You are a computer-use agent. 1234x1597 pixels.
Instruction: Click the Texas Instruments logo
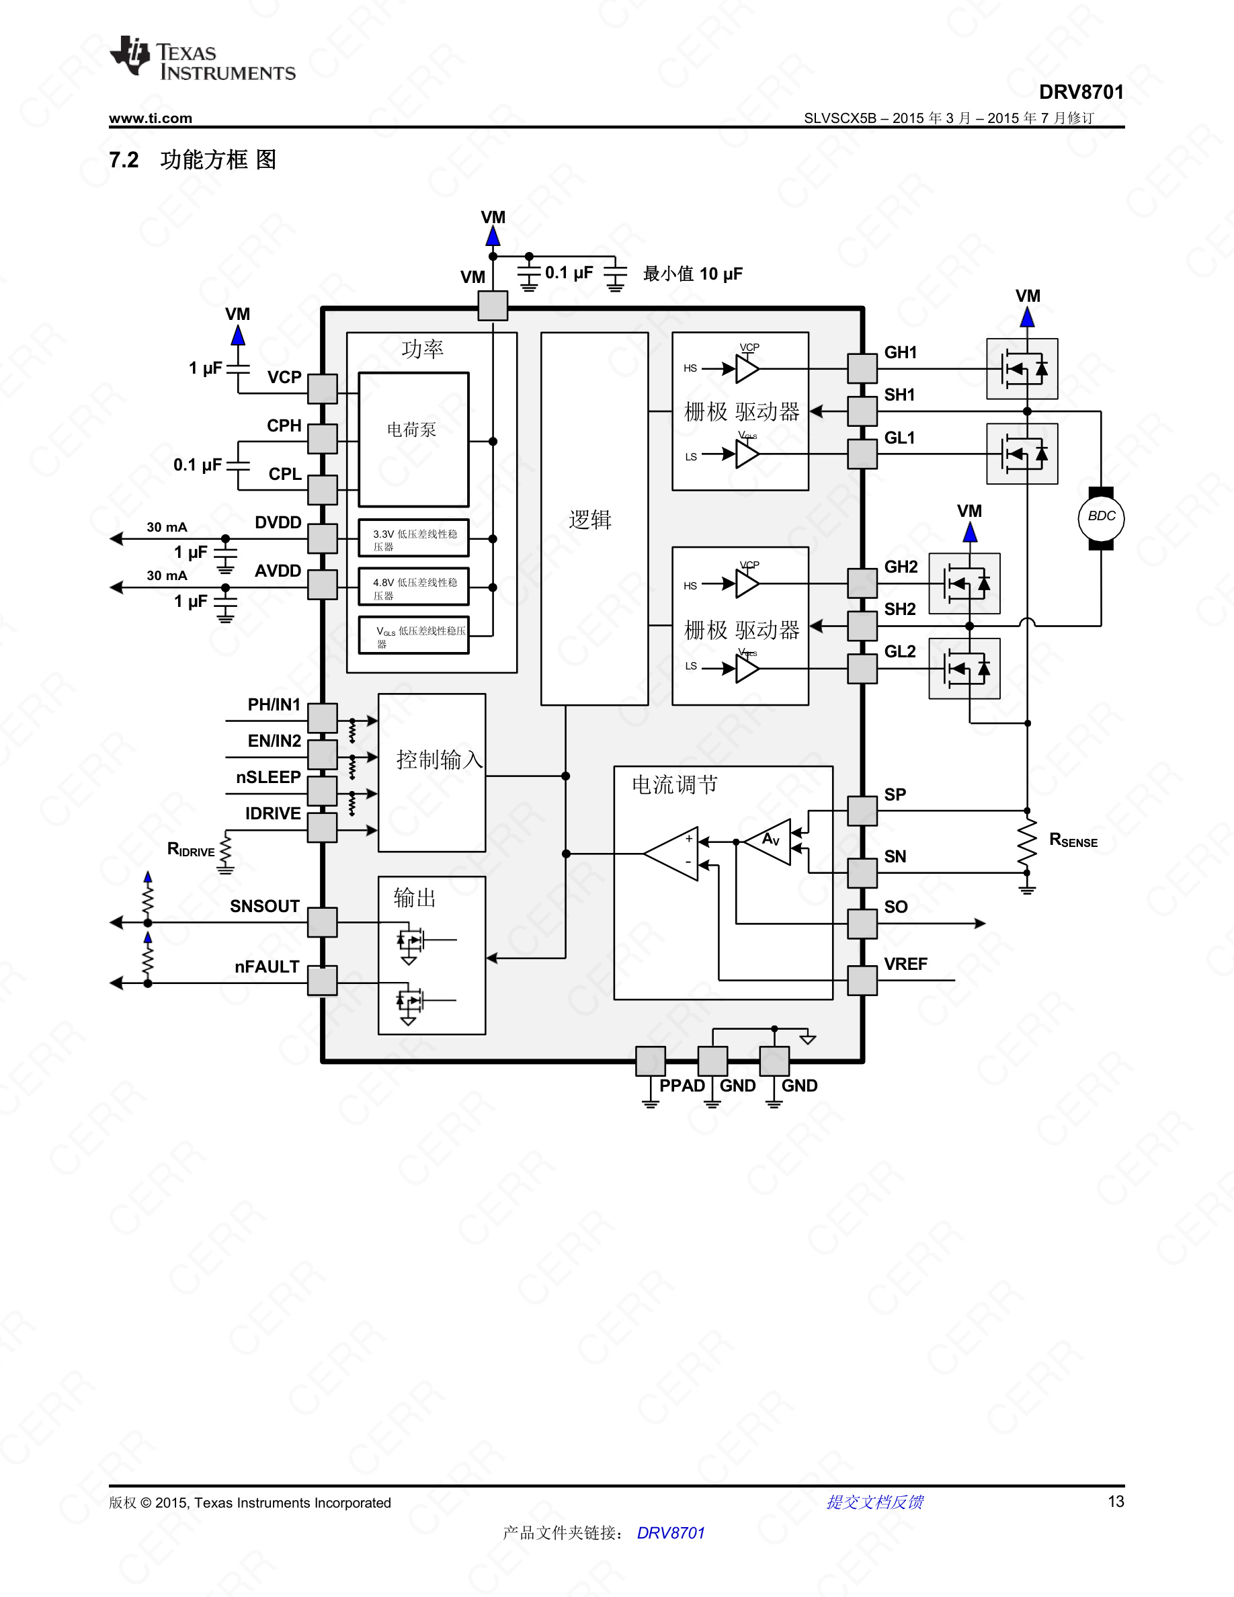(202, 58)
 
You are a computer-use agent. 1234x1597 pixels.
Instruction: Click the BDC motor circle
(1101, 518)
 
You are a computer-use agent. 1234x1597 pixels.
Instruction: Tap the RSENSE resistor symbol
(1027, 841)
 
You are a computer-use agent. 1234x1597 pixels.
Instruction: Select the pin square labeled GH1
(862, 368)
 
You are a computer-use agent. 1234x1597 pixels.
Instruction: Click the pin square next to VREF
(862, 980)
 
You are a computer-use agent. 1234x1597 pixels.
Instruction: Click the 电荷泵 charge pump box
(413, 439)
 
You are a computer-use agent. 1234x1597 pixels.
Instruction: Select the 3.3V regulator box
(413, 540)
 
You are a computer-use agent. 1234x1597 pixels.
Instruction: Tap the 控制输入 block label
(439, 760)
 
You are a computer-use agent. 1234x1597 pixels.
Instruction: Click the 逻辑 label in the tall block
(590, 519)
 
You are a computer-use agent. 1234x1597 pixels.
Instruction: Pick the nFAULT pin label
(267, 967)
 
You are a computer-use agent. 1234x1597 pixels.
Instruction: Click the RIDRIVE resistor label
(191, 849)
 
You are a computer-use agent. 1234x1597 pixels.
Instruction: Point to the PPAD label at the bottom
(682, 1085)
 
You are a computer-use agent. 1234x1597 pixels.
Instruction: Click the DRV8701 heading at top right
(1081, 92)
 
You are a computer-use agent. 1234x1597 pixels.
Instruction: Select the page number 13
(1116, 1501)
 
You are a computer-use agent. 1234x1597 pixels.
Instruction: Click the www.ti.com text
(151, 118)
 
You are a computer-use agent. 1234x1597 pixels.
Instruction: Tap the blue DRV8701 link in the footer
(670, 1532)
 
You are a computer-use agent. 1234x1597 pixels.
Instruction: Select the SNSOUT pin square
(322, 922)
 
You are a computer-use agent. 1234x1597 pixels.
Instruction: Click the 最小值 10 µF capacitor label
(692, 274)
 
